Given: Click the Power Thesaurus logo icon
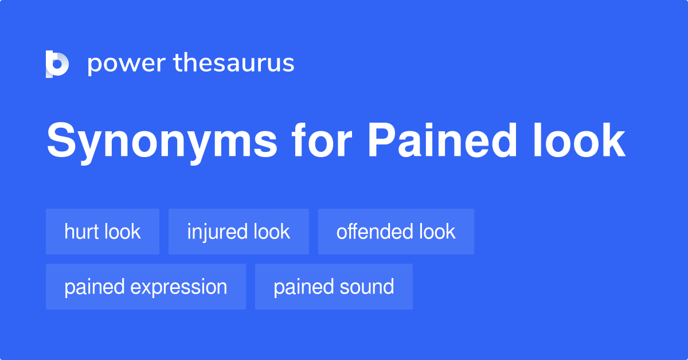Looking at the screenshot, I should (57, 64).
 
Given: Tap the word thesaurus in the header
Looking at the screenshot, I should (234, 64).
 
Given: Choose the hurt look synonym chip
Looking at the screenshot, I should (103, 232).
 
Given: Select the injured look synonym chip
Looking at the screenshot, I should (239, 232).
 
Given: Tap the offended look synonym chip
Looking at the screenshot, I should (396, 232).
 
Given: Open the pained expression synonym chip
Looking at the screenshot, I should (146, 287).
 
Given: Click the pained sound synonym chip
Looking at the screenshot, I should (334, 287).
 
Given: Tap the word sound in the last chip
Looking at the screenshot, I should (368, 287).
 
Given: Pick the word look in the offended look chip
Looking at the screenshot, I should (437, 232).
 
